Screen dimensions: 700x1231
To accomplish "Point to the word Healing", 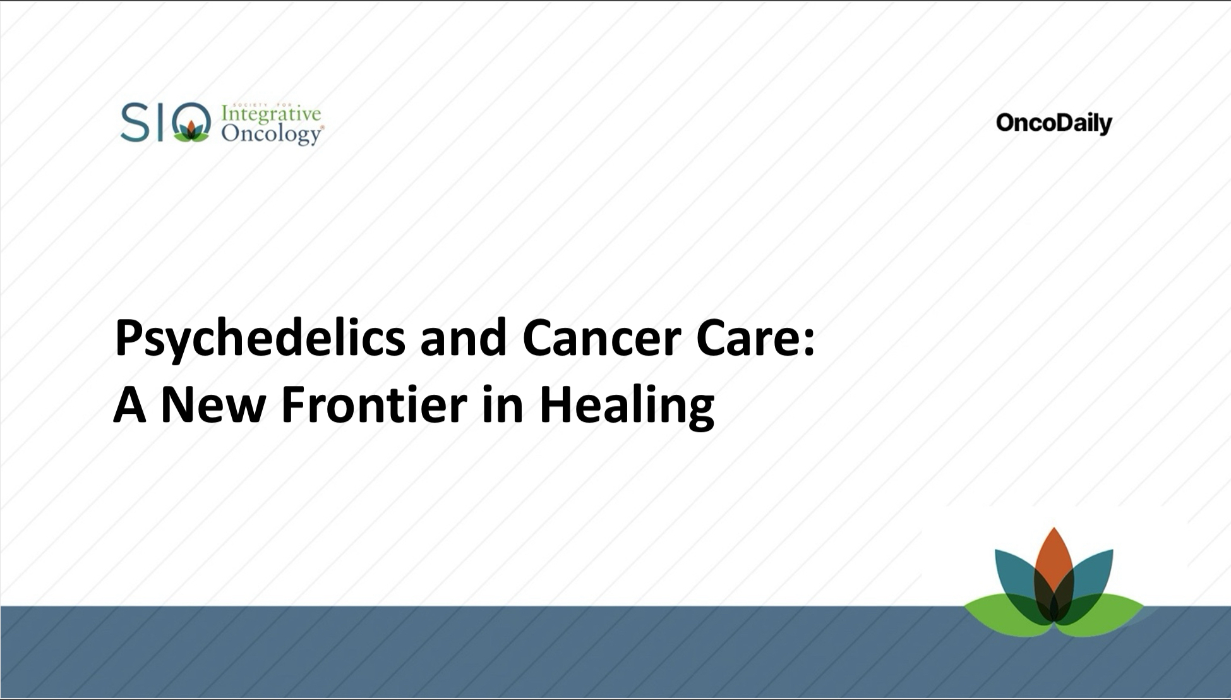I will click(x=627, y=406).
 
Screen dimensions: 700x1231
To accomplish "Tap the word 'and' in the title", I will click(x=463, y=339).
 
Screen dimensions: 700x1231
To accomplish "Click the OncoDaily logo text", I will click(x=1054, y=123).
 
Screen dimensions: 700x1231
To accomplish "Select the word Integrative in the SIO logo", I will click(x=271, y=114).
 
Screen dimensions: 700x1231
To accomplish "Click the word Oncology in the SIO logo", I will click(x=271, y=134).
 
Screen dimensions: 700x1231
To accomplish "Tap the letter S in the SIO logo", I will click(x=134, y=123).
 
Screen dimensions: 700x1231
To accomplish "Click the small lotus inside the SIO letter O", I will click(x=191, y=130).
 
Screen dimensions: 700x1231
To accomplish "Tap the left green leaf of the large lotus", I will click(x=992, y=610).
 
